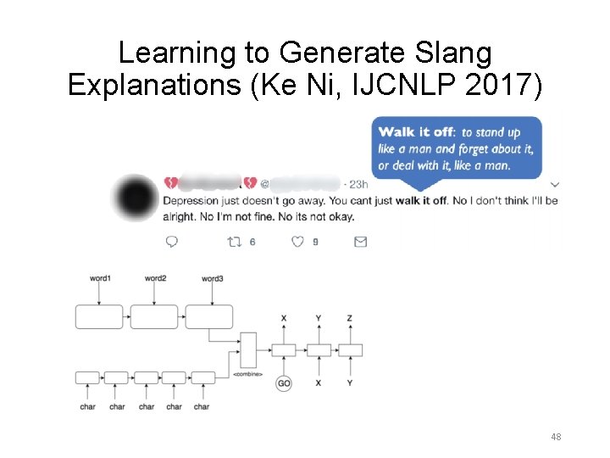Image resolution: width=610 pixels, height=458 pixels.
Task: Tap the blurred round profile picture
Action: (x=136, y=198)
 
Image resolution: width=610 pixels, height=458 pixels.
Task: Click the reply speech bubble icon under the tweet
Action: (x=172, y=242)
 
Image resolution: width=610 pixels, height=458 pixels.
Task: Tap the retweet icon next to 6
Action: (x=235, y=242)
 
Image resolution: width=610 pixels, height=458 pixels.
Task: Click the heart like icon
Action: (x=297, y=242)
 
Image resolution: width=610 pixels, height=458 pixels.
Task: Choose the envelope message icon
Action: (x=360, y=242)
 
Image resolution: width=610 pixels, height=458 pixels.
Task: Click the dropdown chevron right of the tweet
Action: (x=555, y=184)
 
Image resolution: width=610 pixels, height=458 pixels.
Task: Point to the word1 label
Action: (x=100, y=278)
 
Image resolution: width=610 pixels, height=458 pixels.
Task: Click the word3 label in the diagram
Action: (x=212, y=278)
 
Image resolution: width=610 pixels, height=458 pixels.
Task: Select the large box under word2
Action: (x=154, y=316)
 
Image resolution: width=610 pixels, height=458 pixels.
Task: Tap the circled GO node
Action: (x=284, y=383)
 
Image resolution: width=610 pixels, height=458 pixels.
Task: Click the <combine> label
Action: (x=247, y=374)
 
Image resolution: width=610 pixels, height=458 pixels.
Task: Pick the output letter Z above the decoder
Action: (x=350, y=318)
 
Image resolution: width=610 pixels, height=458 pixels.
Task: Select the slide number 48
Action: (x=556, y=437)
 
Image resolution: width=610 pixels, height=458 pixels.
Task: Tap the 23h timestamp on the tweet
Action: (x=358, y=184)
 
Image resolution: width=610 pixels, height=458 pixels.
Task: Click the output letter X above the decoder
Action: (x=284, y=318)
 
